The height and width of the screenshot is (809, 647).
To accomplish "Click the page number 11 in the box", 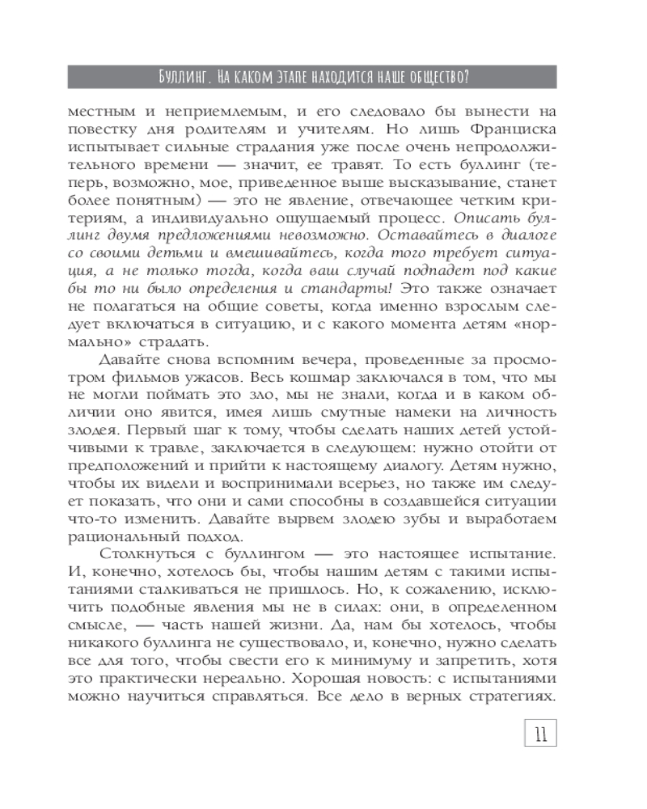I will tap(537, 734).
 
